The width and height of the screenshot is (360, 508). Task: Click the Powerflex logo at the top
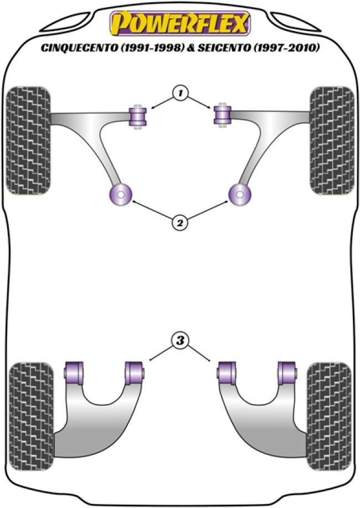coord(180,23)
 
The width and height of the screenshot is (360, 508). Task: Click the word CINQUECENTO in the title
coord(79,48)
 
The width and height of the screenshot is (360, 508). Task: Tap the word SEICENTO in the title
coord(224,48)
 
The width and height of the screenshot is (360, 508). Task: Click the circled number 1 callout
coord(181,94)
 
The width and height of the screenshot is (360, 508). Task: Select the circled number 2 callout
coord(180,222)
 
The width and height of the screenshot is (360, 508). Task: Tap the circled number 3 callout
coord(180,340)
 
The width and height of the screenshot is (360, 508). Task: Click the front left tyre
coord(29,141)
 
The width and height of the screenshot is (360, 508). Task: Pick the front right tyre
coord(332,141)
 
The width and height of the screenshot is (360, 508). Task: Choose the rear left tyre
coord(31,417)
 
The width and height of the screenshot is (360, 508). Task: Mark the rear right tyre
coord(329,417)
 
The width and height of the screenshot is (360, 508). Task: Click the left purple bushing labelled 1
coord(138,117)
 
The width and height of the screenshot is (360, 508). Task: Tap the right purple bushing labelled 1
coord(223,115)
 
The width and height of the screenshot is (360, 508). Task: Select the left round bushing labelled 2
coord(120,195)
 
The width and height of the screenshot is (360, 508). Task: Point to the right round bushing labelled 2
coord(240,195)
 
